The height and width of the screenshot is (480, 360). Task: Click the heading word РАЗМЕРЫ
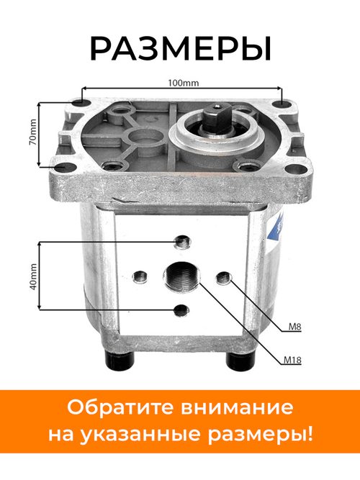click(x=180, y=49)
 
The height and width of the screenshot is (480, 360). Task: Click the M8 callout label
click(x=294, y=327)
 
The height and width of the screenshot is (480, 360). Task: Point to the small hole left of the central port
click(x=140, y=276)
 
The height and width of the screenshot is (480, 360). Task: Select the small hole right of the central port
click(x=224, y=276)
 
